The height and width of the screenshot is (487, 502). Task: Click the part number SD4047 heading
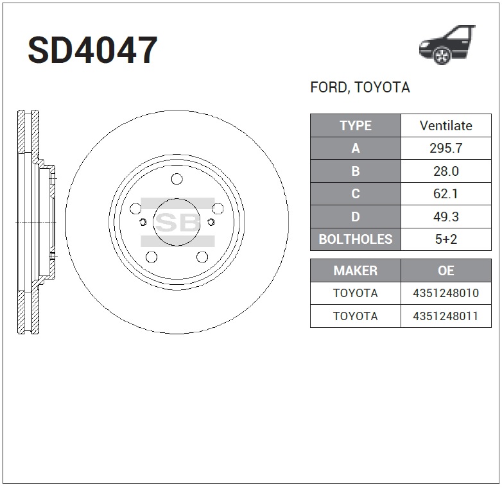(92, 50)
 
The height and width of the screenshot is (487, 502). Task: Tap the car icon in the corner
(447, 44)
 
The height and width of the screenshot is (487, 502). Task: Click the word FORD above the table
(329, 87)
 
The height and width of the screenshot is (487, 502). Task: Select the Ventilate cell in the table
(446, 126)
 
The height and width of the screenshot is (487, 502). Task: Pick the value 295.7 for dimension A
(446, 148)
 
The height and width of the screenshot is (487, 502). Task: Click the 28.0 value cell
(446, 171)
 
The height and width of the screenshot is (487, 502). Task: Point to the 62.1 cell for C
(446, 194)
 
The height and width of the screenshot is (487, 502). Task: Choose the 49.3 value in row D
(446, 217)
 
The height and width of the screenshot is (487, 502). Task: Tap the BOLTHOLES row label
(356, 239)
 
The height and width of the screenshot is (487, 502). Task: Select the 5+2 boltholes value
(446, 239)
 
